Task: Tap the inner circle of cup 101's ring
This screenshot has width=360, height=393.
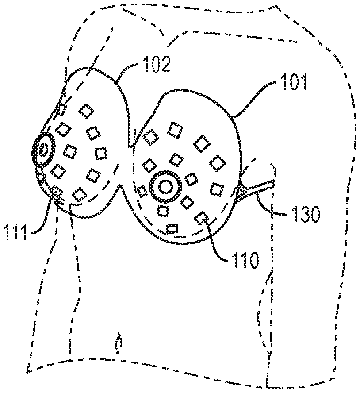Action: pyautogui.click(x=165, y=187)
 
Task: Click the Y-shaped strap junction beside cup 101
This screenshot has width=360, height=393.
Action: pyautogui.click(x=243, y=193)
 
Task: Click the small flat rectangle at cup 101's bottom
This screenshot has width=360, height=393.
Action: pyautogui.click(x=172, y=229)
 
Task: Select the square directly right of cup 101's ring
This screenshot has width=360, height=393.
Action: pyautogui.click(x=191, y=179)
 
